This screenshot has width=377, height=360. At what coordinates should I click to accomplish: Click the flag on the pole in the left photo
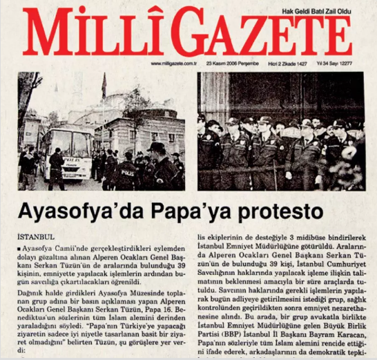click(x=104, y=86)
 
